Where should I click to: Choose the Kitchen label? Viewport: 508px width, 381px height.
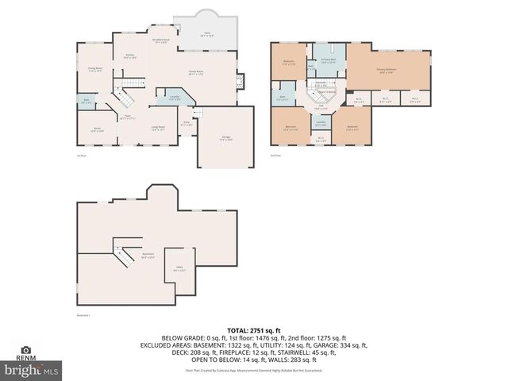[x=130, y=56]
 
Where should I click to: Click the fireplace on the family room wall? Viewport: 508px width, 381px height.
[x=241, y=80]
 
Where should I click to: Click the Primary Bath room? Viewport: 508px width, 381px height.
[x=328, y=60]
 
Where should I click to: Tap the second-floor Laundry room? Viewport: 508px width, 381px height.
[x=321, y=123]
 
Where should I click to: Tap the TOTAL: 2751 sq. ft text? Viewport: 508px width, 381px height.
[x=254, y=329]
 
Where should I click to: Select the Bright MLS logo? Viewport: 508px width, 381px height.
[x=32, y=370]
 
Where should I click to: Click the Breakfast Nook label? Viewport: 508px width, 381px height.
[x=159, y=40]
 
